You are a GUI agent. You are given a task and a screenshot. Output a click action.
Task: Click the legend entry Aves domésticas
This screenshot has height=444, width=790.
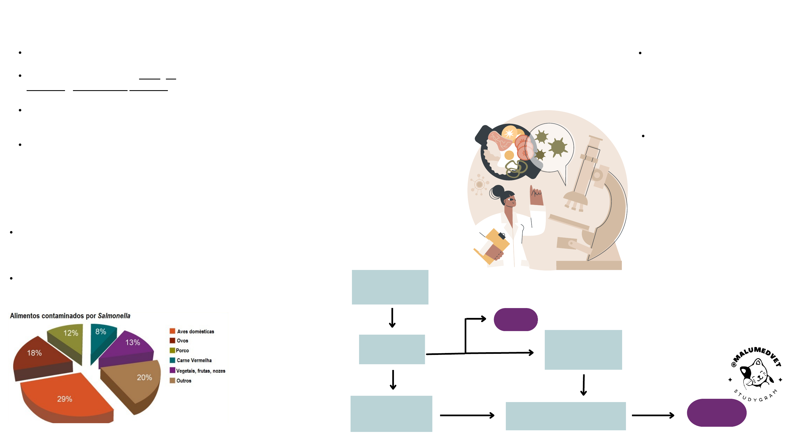point(195,331)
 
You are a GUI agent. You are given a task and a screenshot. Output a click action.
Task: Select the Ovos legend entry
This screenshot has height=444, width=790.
point(182,341)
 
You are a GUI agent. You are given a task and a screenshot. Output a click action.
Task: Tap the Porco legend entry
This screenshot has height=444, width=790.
point(182,350)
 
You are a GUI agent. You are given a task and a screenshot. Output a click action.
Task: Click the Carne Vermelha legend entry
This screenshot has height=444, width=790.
point(194,360)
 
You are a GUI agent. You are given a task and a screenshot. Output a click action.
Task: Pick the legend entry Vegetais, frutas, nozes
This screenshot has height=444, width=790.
point(201,371)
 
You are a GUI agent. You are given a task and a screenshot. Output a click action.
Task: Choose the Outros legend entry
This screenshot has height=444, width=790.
point(184,381)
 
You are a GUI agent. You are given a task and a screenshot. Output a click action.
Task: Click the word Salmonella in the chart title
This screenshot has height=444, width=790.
point(114,316)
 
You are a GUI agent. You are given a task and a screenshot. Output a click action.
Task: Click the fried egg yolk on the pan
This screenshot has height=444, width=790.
point(509,155)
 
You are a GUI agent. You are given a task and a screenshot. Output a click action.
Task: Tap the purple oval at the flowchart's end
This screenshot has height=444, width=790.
point(716,412)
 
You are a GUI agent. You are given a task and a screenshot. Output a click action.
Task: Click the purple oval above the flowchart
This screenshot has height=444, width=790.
point(515,319)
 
